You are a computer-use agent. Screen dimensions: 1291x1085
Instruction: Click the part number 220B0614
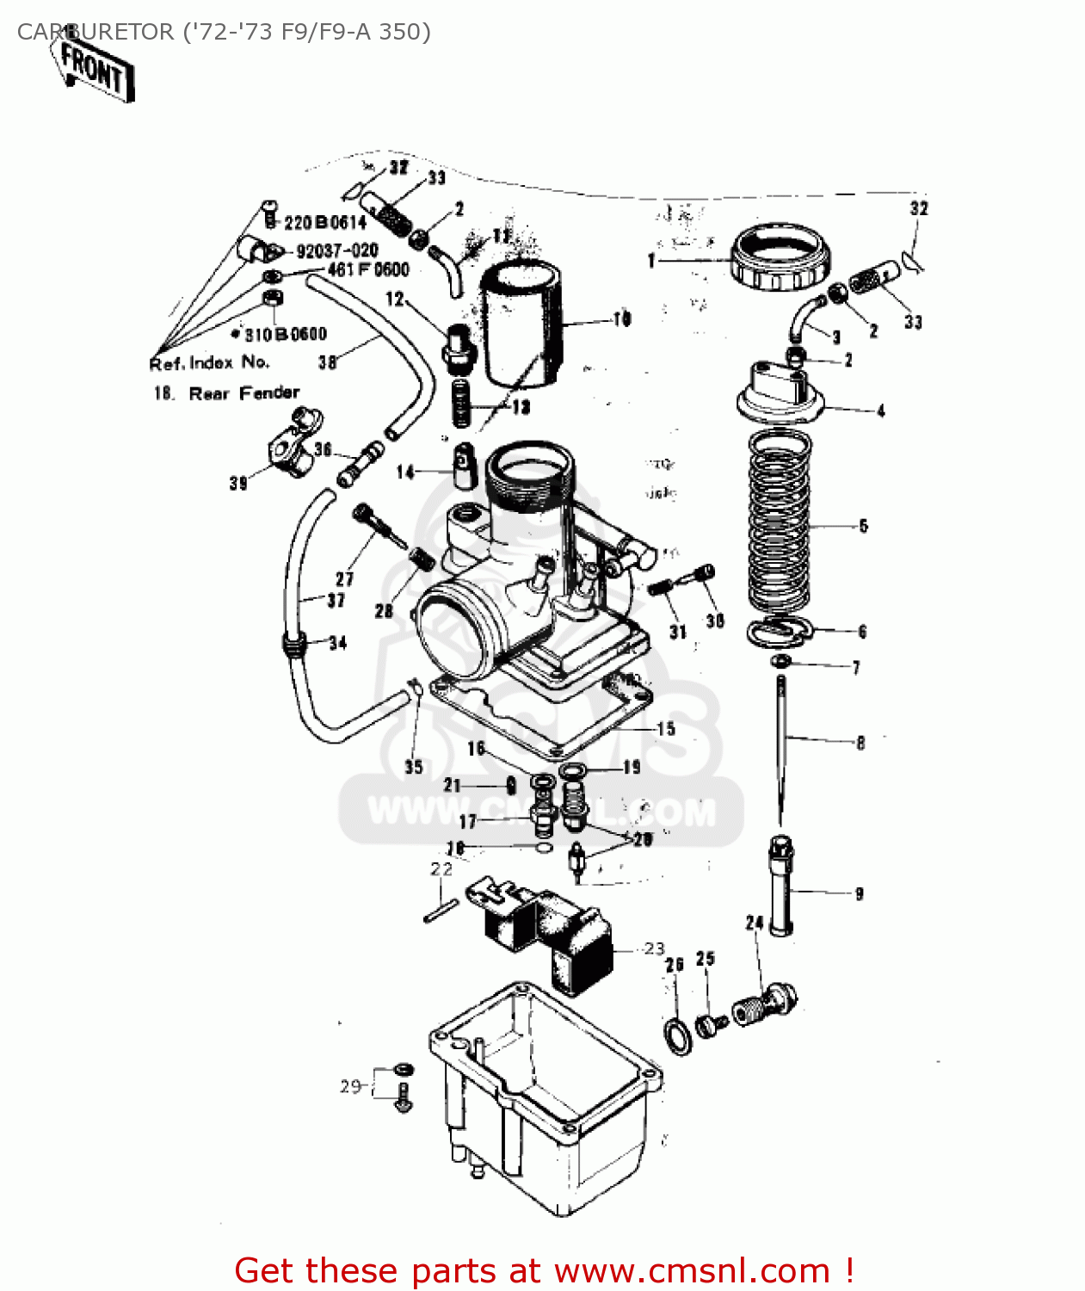point(324,223)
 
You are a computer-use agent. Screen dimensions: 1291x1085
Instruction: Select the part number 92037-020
point(336,250)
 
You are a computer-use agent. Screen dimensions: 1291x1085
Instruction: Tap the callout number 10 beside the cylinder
point(621,319)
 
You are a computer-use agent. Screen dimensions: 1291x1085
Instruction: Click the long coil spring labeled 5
point(779,525)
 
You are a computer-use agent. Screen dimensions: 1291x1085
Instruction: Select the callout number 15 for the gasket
point(666,729)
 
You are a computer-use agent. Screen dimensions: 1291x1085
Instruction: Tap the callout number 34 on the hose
point(337,643)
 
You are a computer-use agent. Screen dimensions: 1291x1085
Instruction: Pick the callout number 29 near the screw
point(349,1086)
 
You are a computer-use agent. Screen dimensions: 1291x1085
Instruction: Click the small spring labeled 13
point(462,404)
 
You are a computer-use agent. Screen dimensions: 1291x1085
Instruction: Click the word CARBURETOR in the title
point(96,32)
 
